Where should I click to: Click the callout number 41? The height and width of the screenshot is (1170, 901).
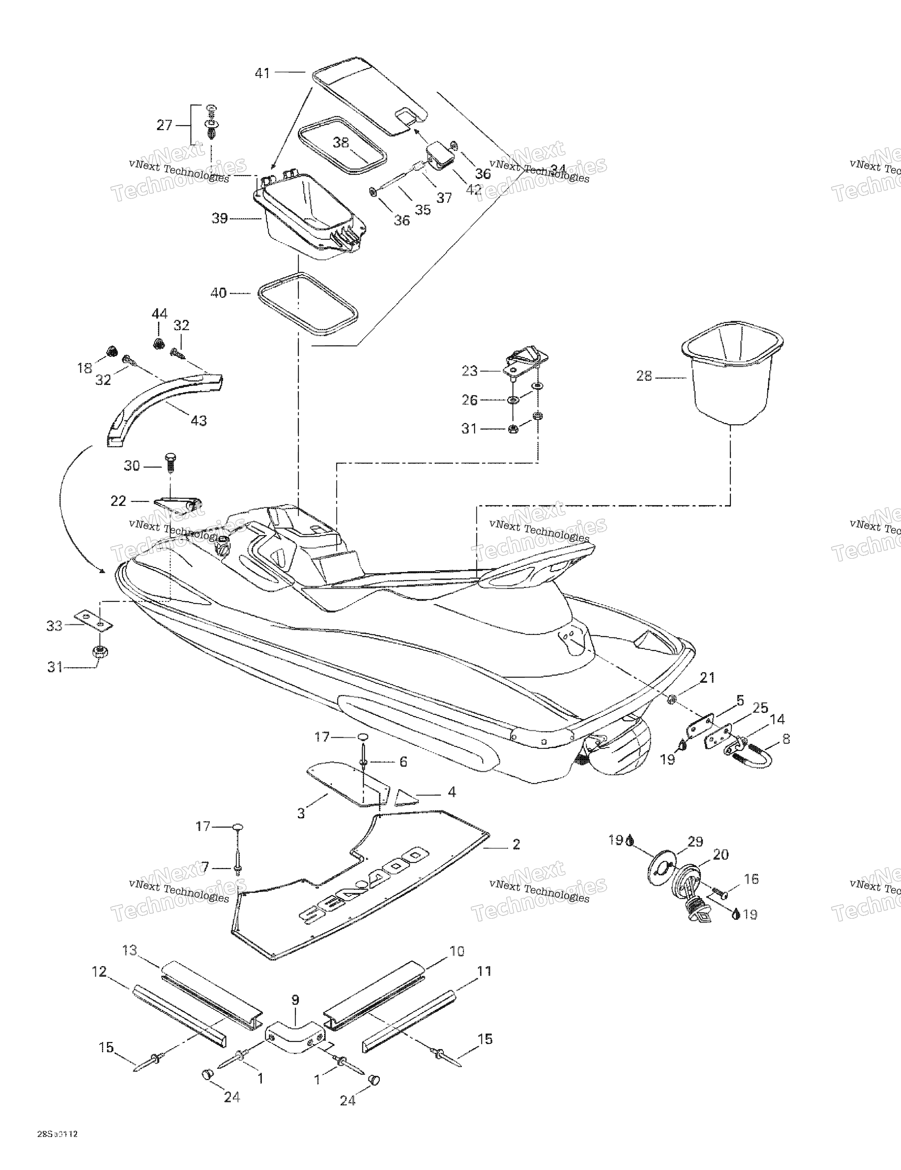(262, 73)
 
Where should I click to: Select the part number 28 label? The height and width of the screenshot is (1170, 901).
(644, 376)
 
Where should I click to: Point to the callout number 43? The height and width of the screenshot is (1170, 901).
(199, 421)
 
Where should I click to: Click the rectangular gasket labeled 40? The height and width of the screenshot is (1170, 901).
(308, 304)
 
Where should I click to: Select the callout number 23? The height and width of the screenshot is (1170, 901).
(469, 371)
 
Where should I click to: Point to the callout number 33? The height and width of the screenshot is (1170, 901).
(54, 625)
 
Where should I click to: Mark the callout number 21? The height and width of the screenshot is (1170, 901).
(708, 678)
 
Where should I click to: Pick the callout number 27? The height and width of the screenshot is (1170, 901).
(164, 125)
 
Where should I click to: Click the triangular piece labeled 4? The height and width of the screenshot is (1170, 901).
(405, 798)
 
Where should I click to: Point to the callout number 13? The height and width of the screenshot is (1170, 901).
(130, 950)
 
